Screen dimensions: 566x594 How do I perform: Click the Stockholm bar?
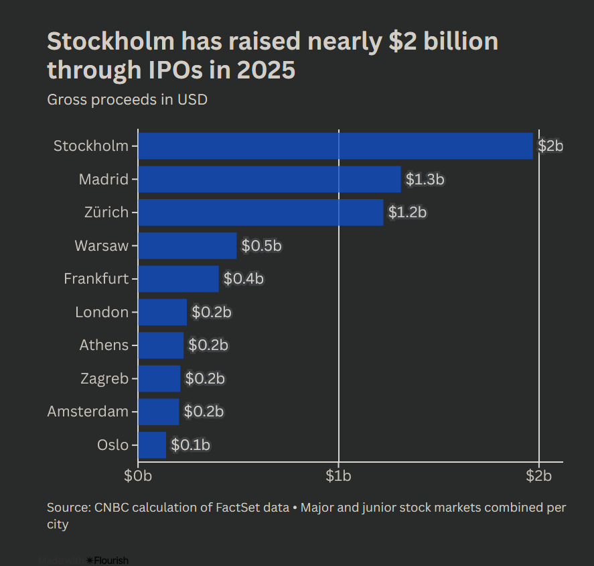[x=335, y=146]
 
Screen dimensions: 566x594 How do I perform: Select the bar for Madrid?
[x=269, y=179]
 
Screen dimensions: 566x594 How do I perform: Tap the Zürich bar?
[x=261, y=213]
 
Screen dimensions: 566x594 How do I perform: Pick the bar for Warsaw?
[x=188, y=245]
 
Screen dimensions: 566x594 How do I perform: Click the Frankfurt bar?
[x=178, y=279]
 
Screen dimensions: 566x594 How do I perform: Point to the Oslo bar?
[x=152, y=445]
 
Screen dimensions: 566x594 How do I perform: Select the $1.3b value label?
[x=425, y=180]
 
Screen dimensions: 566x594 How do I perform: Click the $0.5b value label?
[x=261, y=246]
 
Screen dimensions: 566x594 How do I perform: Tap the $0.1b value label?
[x=190, y=445]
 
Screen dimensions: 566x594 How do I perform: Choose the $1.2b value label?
[x=407, y=213]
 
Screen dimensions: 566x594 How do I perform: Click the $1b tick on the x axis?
[x=339, y=476]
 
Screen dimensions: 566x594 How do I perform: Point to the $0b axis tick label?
[x=138, y=476]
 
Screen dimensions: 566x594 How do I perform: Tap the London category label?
[x=102, y=312]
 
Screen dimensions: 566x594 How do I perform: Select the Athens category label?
[x=104, y=345]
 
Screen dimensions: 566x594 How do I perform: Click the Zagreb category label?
[x=104, y=378]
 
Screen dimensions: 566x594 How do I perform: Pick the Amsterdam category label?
[x=88, y=411]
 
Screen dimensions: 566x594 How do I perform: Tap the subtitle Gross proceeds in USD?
[x=127, y=100]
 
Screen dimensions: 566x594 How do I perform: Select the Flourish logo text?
[x=110, y=560]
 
